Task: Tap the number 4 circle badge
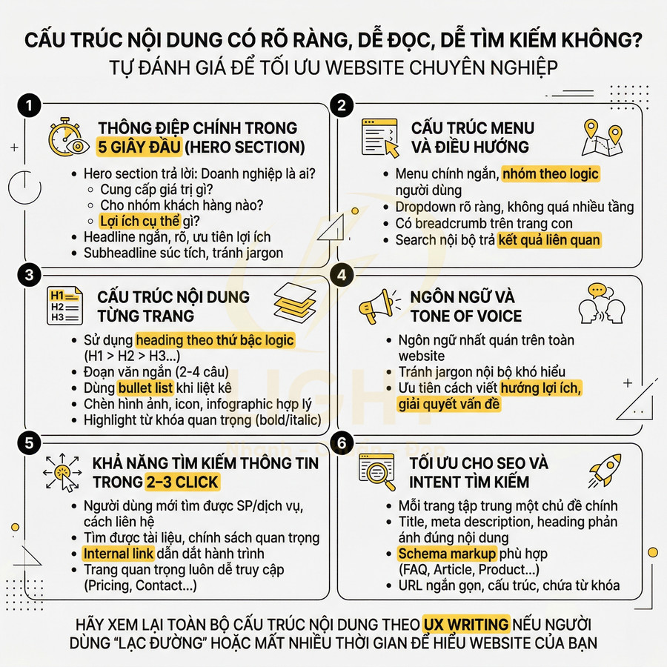[341, 274]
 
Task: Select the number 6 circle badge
[341, 443]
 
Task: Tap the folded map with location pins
[603, 138]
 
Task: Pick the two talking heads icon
[603, 303]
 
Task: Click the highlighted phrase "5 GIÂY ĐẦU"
[139, 147]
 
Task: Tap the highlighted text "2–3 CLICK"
[182, 482]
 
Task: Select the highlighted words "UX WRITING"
[466, 623]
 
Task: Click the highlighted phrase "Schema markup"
[447, 554]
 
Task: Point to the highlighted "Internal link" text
[118, 554]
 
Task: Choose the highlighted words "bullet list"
[145, 388]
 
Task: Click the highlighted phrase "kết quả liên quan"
[549, 239]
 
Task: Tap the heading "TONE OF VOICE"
[465, 316]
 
